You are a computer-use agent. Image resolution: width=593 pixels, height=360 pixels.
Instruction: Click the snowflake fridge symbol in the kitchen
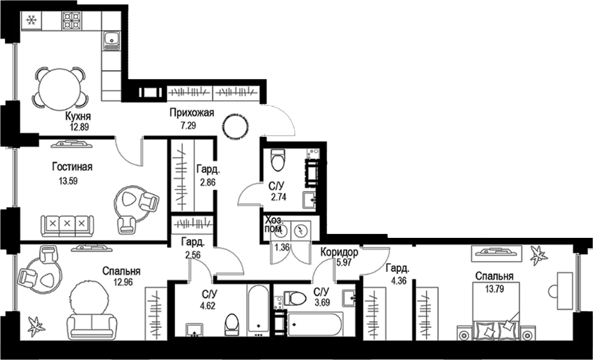coord(32,20)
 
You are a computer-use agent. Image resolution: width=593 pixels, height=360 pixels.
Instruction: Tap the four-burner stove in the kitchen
coord(71,20)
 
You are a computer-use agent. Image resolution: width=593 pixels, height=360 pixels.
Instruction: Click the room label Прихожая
coord(192,113)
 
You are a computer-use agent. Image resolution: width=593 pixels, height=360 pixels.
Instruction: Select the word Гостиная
coord(72,167)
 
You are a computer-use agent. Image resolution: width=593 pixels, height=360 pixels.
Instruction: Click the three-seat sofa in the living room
coord(67,225)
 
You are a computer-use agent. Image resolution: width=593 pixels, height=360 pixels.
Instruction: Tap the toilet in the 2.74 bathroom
coord(278,160)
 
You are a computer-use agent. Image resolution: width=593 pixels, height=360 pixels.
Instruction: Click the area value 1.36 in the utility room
coord(282,247)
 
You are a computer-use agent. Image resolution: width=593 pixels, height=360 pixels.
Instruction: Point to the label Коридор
coord(340,252)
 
